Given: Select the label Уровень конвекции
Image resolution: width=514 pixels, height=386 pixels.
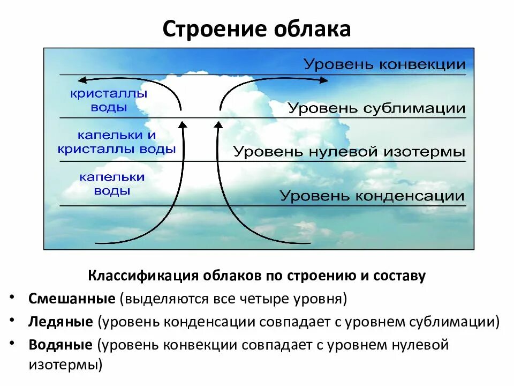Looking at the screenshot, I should (x=384, y=65).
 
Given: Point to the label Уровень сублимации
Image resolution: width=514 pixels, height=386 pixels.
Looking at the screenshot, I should (x=376, y=108).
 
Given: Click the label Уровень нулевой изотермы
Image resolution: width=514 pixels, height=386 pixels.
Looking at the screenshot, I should (x=349, y=152).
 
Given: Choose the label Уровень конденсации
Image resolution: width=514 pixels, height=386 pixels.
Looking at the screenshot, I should (x=372, y=196).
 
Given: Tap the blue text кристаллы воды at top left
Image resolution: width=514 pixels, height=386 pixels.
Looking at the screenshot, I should (x=109, y=100).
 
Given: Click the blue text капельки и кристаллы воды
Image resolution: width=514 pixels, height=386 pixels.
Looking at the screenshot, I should (x=117, y=143).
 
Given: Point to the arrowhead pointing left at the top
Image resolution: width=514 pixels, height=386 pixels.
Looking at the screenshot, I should (x=81, y=80).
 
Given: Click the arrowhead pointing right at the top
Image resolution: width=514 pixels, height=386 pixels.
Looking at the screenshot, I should (x=324, y=80).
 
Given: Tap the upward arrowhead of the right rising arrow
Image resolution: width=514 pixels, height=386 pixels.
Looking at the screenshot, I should (x=218, y=125).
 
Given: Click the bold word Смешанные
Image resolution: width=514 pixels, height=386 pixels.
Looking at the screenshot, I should (x=72, y=299).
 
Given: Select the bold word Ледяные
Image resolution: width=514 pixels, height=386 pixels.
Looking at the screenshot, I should (x=61, y=322).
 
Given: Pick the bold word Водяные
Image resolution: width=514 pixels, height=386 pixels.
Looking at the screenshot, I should (x=61, y=345).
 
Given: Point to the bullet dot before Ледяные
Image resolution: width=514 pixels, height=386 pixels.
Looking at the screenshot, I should (x=12, y=320).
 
